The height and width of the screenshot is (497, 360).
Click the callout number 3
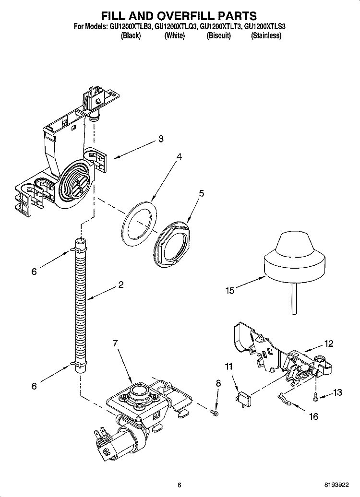click(161, 139)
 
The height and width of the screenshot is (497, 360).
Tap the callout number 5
click(201, 193)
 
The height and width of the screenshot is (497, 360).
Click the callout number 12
click(329, 343)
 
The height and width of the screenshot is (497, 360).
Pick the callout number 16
click(313, 416)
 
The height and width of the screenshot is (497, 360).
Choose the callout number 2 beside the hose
click(121, 284)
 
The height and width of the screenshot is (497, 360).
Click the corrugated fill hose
click(80, 307)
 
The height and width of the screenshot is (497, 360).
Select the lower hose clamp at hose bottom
click(78, 365)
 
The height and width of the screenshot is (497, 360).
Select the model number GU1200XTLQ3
click(175, 27)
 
